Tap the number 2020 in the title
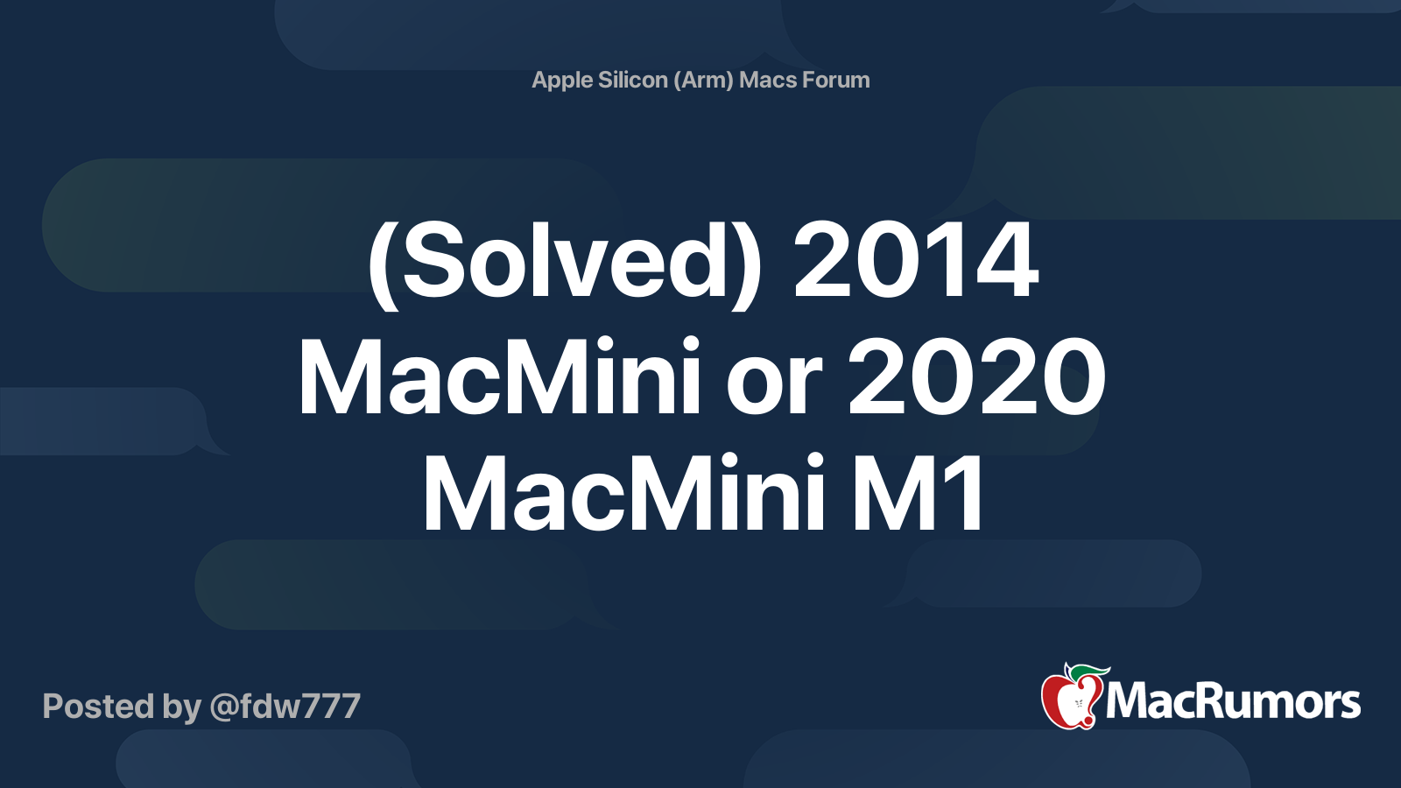(x=976, y=379)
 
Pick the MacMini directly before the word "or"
(x=500, y=379)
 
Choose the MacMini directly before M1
(x=624, y=495)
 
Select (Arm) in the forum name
(x=704, y=81)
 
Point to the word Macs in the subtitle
(x=768, y=80)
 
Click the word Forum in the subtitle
(x=836, y=80)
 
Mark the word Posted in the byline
(x=98, y=707)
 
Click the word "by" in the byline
(x=181, y=707)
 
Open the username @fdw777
(x=285, y=707)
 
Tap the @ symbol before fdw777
(x=223, y=707)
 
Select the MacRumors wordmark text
(x=1233, y=701)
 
